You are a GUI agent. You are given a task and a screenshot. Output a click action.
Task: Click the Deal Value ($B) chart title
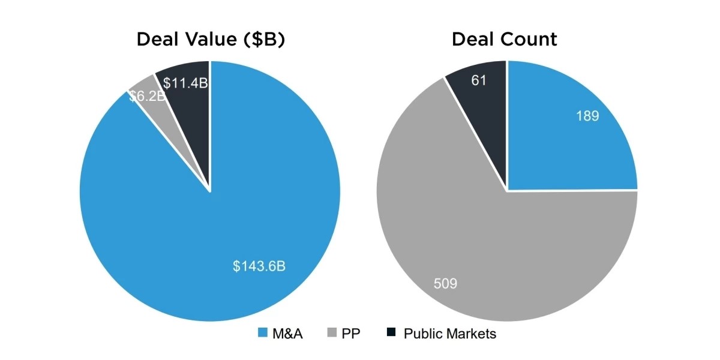pyautogui.click(x=210, y=40)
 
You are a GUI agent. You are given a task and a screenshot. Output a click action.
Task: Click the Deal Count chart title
pyautogui.click(x=504, y=40)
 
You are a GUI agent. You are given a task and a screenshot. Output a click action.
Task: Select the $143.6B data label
pyautogui.click(x=259, y=266)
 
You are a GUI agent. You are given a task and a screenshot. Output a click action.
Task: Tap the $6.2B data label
pyautogui.click(x=147, y=97)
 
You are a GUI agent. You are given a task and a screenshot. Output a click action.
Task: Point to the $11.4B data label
pyautogui.click(x=185, y=83)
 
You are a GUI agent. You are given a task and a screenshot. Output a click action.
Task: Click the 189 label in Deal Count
pyautogui.click(x=587, y=116)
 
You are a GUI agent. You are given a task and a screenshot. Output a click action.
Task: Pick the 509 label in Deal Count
pyautogui.click(x=445, y=283)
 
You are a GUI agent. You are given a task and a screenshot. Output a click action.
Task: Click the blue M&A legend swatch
pyautogui.click(x=262, y=333)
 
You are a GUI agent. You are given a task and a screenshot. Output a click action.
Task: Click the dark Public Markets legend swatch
pyautogui.click(x=391, y=333)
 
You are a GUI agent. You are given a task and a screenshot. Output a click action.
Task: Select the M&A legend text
pyautogui.click(x=288, y=334)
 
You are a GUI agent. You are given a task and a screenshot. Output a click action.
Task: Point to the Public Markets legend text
pyautogui.click(x=450, y=334)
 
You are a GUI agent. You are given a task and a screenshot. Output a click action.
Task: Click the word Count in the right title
pyautogui.click(x=529, y=40)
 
